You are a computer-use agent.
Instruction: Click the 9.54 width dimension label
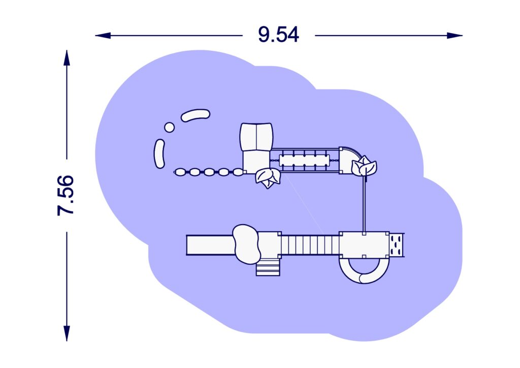pyautogui.click(x=278, y=35)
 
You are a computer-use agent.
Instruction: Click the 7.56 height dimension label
pyautogui.click(x=66, y=196)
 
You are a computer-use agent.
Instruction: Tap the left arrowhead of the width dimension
pyautogui.click(x=103, y=36)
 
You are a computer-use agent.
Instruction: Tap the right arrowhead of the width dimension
pyautogui.click(x=454, y=36)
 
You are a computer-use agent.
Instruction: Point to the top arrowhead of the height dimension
pyautogui.click(x=67, y=58)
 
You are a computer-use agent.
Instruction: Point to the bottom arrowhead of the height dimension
pyautogui.click(x=67, y=333)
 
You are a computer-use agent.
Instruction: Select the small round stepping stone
pyautogui.click(x=170, y=128)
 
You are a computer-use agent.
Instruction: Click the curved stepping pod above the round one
pyautogui.click(x=196, y=115)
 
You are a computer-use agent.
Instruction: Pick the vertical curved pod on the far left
pyautogui.click(x=159, y=154)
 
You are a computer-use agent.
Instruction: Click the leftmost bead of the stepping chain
pyautogui.click(x=180, y=172)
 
